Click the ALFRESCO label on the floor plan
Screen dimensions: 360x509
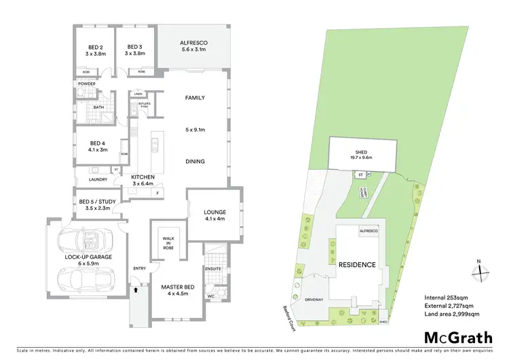tap(193, 43)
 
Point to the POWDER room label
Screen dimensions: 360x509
tap(86, 84)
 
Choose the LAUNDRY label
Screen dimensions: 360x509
tap(90, 179)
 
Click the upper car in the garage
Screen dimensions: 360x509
tap(85, 239)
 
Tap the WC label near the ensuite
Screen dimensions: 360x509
tap(210, 295)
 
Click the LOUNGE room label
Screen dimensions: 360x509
tap(214, 213)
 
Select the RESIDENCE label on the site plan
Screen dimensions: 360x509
tap(357, 265)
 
